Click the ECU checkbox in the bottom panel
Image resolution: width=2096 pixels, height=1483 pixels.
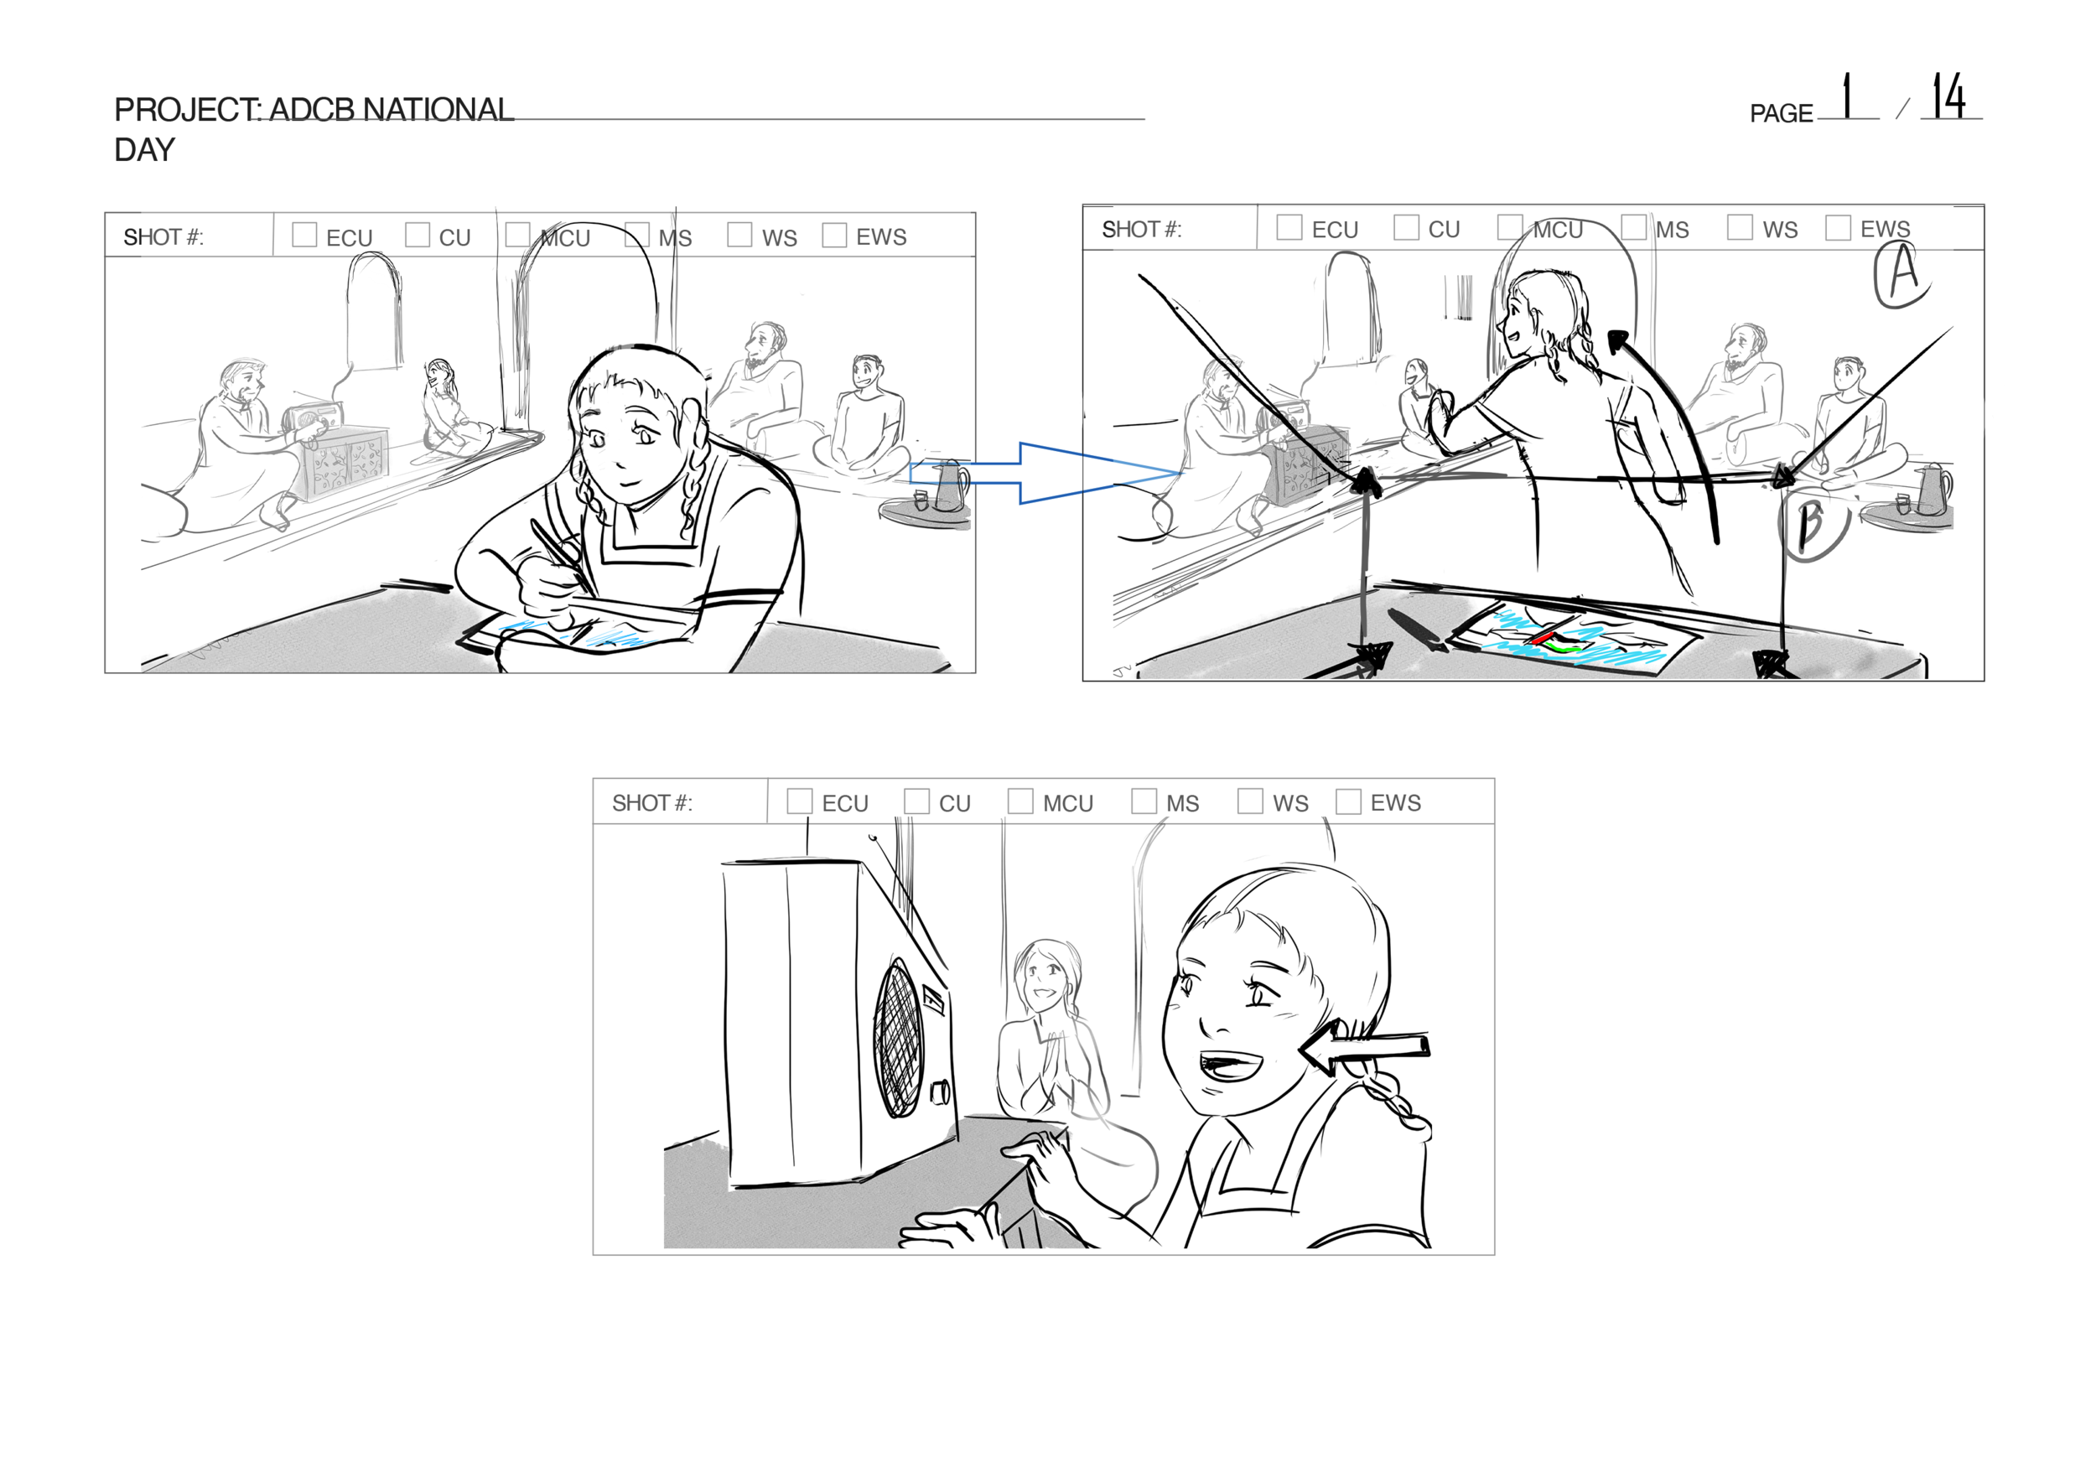click(x=799, y=801)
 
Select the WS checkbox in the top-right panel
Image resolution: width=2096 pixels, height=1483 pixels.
click(x=1739, y=226)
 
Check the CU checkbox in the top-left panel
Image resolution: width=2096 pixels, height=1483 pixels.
click(x=417, y=235)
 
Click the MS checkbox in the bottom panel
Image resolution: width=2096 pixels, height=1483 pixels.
click(x=1144, y=801)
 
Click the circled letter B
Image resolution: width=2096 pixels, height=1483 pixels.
click(x=1813, y=528)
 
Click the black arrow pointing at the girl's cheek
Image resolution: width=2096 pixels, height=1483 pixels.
click(x=1363, y=1050)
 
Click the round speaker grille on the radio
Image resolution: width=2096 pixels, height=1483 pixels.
click(x=899, y=1039)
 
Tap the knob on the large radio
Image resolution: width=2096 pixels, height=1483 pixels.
click(x=940, y=1093)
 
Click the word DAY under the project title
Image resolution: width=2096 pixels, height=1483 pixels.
click(x=144, y=150)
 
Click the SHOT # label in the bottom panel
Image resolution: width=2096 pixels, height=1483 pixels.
click(x=652, y=802)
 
